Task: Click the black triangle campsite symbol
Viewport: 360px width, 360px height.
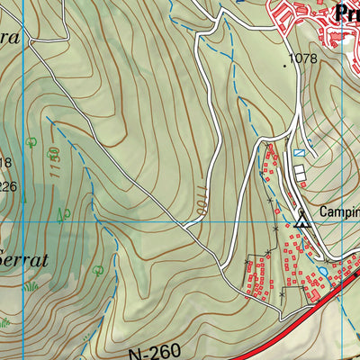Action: pyautogui.click(x=303, y=216)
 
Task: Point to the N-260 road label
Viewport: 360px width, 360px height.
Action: pyautogui.click(x=160, y=351)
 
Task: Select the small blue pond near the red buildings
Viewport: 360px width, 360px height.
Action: pyautogui.click(x=321, y=269)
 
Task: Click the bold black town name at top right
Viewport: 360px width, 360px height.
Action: pyautogui.click(x=346, y=13)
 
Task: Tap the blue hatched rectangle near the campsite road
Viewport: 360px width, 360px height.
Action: pyautogui.click(x=301, y=154)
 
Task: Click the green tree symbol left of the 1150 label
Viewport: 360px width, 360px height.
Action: pyautogui.click(x=31, y=141)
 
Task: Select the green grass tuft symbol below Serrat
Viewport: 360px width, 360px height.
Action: pyautogui.click(x=31, y=286)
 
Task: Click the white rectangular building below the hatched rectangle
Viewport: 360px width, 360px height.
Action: pyautogui.click(x=300, y=171)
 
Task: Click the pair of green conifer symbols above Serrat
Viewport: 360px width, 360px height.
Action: pyautogui.click(x=63, y=214)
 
